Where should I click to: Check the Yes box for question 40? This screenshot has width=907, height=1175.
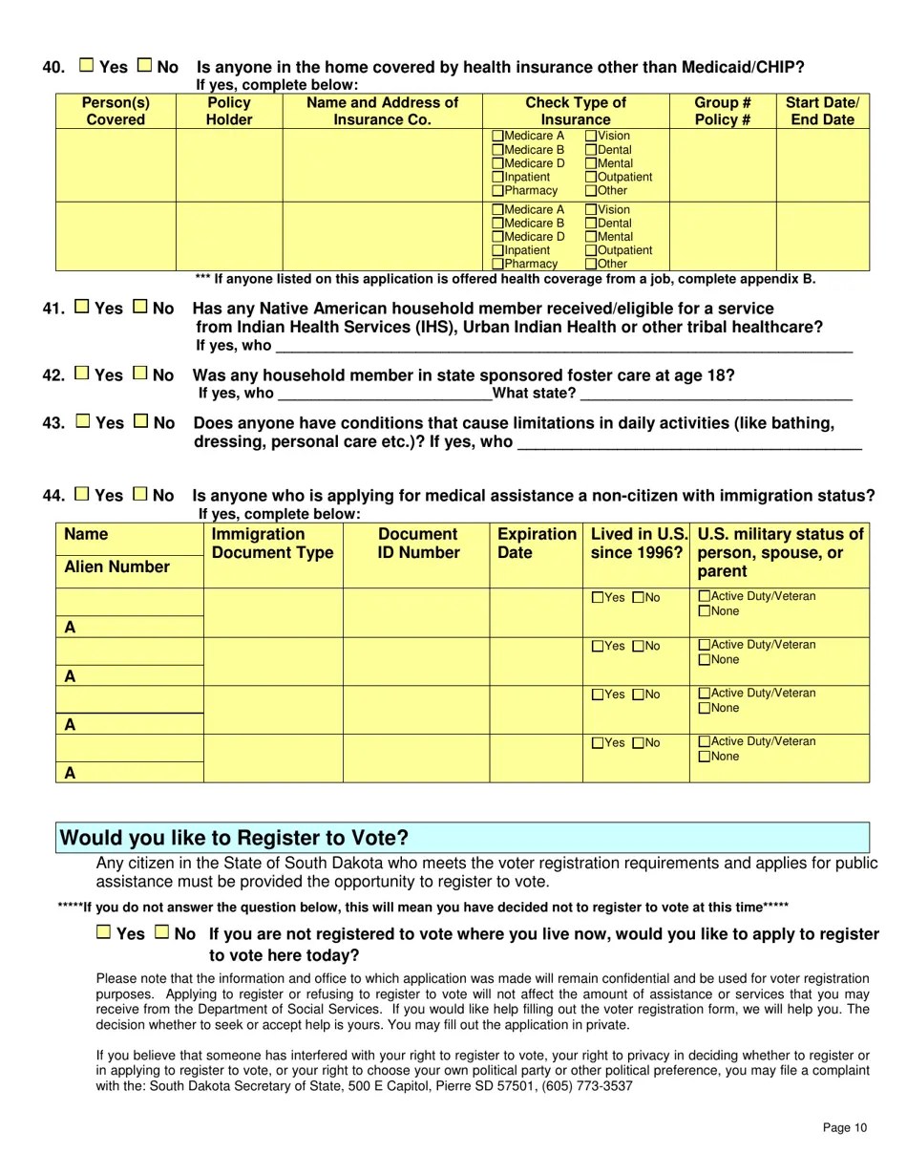(87, 66)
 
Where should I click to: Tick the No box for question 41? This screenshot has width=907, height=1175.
(140, 308)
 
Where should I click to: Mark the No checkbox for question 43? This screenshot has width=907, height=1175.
(141, 421)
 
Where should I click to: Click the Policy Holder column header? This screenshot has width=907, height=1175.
(229, 111)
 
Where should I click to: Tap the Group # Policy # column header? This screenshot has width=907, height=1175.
(722, 111)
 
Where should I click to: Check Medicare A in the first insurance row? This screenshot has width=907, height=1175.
(497, 137)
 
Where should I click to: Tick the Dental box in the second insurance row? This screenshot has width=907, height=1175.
(591, 224)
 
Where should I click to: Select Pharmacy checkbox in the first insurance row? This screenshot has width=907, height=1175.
(497, 190)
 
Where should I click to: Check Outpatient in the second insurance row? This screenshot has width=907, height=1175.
(591, 250)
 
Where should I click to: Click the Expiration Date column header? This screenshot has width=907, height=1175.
(537, 543)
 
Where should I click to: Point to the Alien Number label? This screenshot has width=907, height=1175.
(116, 567)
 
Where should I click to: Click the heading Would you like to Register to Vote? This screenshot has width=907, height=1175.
(235, 838)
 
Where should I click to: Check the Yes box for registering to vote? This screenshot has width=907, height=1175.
(104, 932)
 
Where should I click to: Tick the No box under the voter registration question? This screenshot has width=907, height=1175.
(162, 932)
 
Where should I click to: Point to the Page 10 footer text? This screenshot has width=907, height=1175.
(845, 1128)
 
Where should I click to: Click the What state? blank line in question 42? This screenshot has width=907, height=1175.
(715, 395)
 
